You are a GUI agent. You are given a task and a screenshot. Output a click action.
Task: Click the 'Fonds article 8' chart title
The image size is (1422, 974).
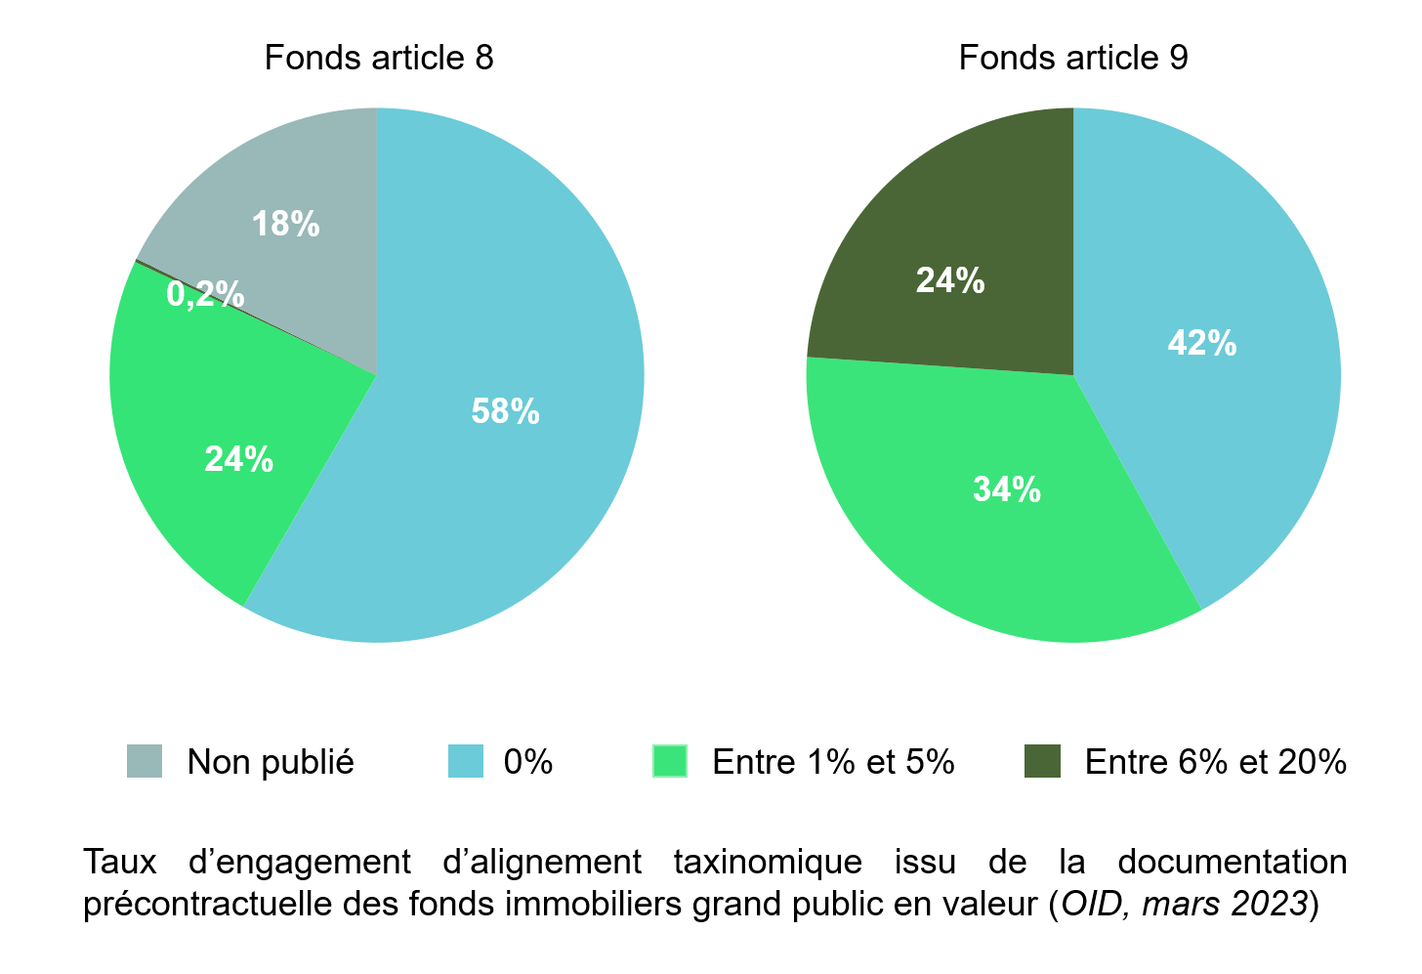pos(379,58)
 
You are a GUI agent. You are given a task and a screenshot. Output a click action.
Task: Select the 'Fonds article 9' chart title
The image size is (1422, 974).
pos(1073,58)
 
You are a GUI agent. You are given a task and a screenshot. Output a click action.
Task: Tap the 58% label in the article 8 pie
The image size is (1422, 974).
pos(505,411)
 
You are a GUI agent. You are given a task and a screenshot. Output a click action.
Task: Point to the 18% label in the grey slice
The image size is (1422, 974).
pos(285,225)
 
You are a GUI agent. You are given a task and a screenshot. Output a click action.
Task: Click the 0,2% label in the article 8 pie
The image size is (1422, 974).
pos(205,294)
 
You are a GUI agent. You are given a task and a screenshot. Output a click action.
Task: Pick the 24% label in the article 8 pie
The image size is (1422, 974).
pos(238,459)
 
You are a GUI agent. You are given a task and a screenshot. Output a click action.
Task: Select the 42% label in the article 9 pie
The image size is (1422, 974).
pos(1202,344)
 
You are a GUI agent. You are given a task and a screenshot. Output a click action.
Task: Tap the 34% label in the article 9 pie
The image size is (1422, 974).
pos(1007,489)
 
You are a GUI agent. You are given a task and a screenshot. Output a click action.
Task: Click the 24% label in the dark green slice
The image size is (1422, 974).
pos(950,281)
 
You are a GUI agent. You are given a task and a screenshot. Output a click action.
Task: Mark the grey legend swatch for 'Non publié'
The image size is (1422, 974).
pos(145,761)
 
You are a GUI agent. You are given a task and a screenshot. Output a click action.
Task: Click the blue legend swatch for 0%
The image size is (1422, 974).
pos(466,761)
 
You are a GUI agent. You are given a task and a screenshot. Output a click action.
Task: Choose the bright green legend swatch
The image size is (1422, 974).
pos(670,761)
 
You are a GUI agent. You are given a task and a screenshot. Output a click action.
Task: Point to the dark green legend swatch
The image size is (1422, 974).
pos(1042,761)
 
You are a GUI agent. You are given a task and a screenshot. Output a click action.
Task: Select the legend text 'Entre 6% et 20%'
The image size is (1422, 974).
pos(1216,762)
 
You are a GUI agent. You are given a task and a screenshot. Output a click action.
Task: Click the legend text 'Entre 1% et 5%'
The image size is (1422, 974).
pos(833,762)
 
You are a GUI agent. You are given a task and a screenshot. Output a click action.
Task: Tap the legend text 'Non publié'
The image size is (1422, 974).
pos(271,762)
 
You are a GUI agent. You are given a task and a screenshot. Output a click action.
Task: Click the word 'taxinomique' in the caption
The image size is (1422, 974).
pos(768,863)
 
